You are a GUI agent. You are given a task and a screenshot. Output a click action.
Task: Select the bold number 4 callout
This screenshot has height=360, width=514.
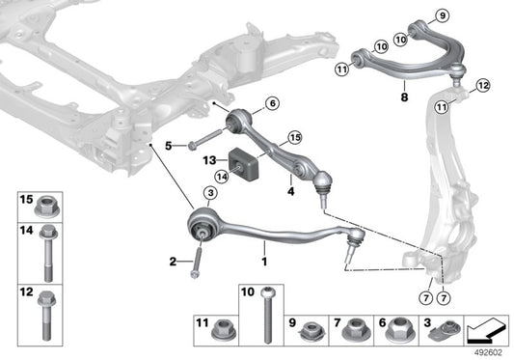pyautogui.click(x=288, y=190)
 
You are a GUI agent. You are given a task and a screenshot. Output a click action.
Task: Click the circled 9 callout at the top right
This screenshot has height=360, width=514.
pyautogui.click(x=443, y=16)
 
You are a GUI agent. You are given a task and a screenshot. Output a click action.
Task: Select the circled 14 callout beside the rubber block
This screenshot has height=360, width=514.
pyautogui.click(x=221, y=176)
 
